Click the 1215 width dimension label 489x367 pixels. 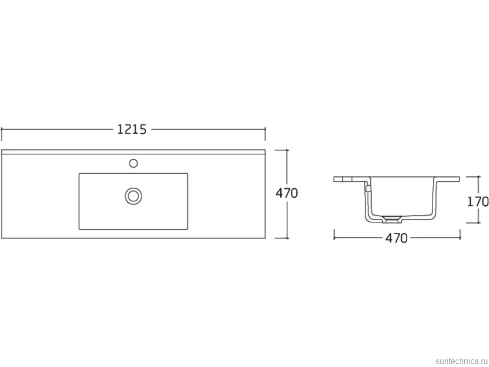132,130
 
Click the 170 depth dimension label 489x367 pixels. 477,202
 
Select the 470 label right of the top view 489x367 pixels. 287,193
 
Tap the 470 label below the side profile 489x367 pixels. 396,238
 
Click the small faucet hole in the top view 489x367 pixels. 134,163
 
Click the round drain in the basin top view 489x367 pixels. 134,196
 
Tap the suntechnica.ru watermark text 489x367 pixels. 461,361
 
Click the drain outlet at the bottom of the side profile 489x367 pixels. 391,219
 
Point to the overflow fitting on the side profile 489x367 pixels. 368,189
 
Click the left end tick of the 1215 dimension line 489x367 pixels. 2,134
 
